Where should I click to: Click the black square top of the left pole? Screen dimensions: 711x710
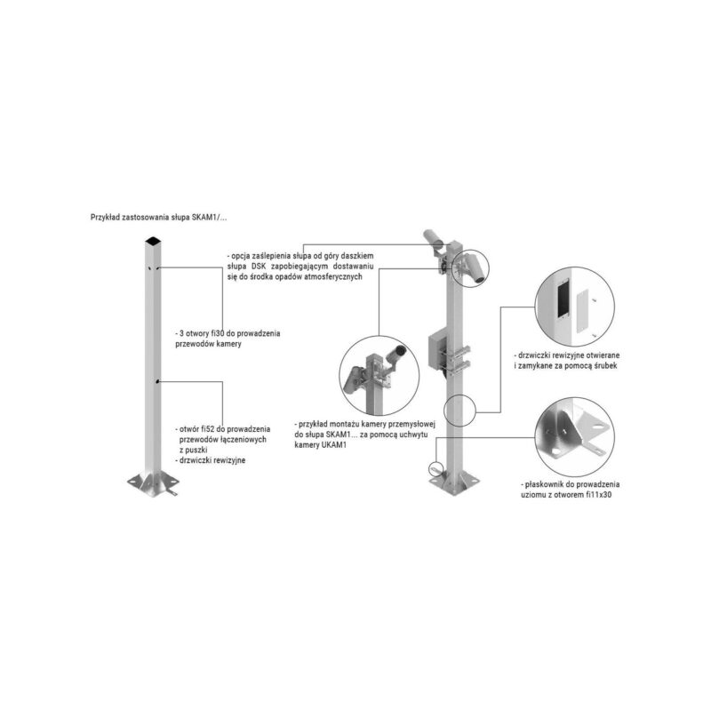point(153,241)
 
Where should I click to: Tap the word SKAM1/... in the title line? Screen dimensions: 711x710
point(210,218)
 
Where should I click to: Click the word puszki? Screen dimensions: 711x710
point(196,450)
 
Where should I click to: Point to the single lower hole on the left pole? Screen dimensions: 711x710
point(157,382)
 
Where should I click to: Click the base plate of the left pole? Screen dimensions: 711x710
point(153,483)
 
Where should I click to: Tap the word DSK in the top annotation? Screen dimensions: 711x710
point(259,266)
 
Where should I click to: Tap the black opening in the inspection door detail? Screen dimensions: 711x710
point(563,299)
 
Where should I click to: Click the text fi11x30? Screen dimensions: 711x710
point(598,495)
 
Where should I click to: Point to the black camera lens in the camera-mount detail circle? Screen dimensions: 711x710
point(401,349)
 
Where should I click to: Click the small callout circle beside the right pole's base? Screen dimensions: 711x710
point(435,468)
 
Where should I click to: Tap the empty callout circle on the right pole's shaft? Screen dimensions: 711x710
point(459,410)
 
